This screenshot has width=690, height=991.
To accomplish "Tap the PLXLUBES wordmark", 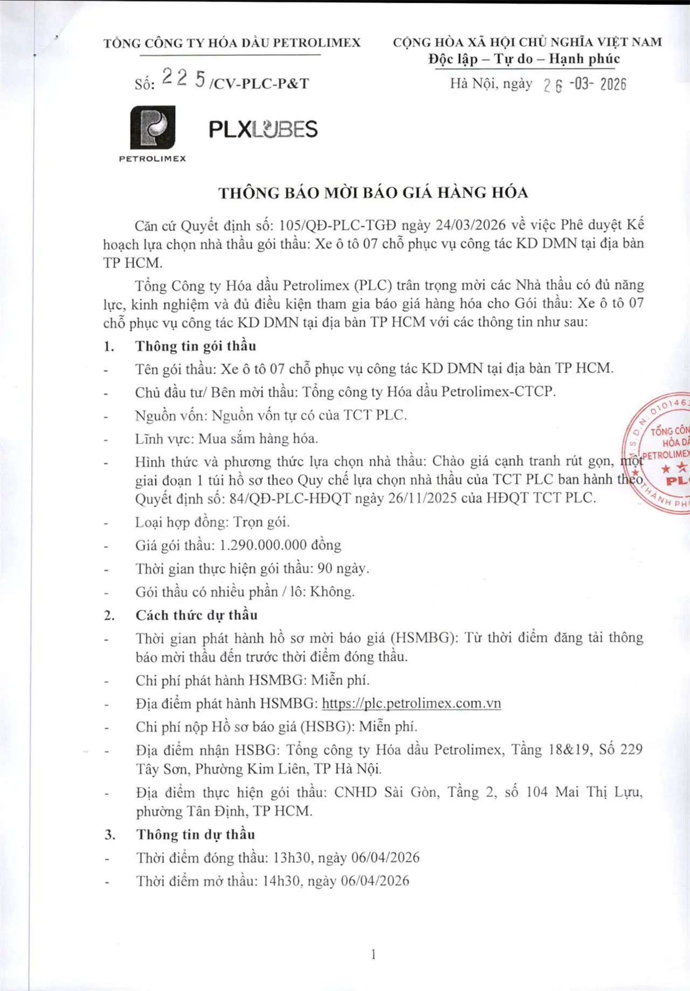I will point(263,129).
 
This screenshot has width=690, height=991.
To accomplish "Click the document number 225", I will point(183,79).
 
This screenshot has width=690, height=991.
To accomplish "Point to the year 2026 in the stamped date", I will point(613,85).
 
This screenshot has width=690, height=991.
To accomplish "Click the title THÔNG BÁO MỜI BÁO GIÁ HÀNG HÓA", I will point(373,193).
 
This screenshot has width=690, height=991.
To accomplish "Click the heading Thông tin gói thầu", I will point(196,346).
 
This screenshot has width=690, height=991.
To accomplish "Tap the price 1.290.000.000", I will point(263,545).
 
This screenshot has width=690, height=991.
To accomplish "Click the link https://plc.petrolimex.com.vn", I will point(411,703).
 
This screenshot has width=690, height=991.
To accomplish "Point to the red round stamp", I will point(660,452).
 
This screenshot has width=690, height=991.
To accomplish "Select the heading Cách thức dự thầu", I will point(196,615).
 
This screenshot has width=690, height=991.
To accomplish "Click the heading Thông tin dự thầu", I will point(195,834).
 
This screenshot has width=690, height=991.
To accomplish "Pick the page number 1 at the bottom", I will point(373,954).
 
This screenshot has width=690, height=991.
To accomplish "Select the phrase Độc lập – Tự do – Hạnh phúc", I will point(524,59).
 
